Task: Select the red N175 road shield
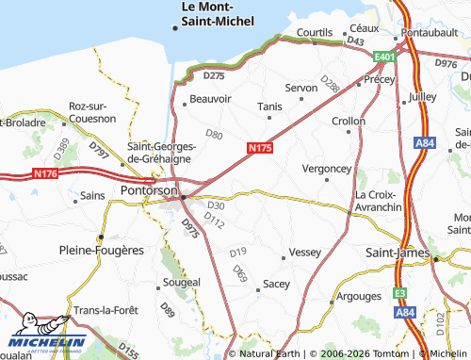click(x=260, y=148)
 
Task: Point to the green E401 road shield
click(x=383, y=57)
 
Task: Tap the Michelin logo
click(x=48, y=340)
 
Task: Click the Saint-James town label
click(x=397, y=254)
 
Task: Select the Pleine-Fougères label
click(x=101, y=251)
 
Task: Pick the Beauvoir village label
click(x=210, y=98)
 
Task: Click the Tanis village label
click(x=269, y=106)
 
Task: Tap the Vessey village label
click(x=305, y=253)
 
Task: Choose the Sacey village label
click(x=276, y=283)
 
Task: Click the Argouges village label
click(x=359, y=296)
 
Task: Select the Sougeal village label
click(x=181, y=282)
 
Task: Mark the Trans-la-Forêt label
click(x=107, y=312)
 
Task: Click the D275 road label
click(x=214, y=74)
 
